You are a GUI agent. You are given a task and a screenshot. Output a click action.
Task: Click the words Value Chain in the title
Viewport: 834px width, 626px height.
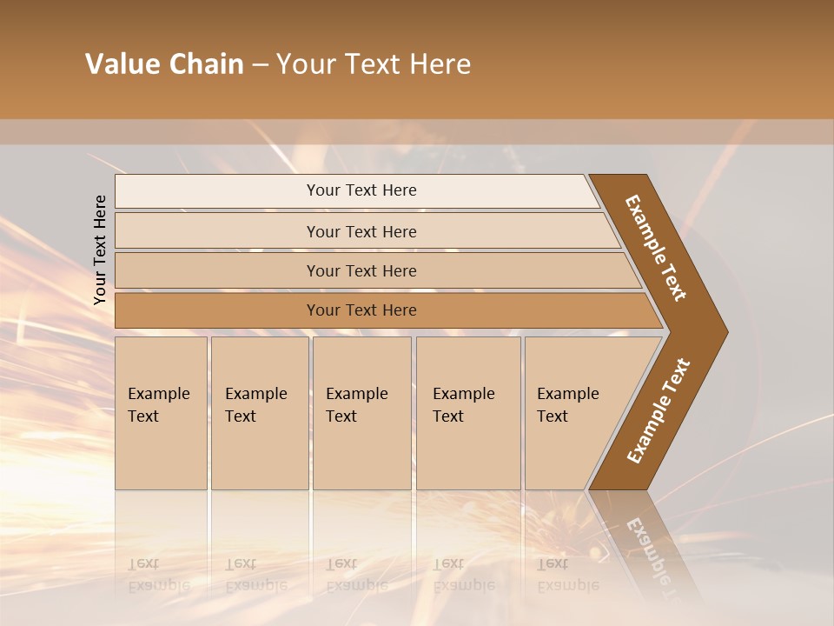164,64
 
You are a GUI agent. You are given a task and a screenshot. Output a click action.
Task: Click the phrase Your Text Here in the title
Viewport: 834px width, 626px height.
374,64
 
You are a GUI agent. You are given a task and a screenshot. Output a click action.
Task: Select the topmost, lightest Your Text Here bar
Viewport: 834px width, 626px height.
361,190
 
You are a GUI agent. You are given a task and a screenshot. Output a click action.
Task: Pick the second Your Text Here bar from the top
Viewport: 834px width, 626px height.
361,231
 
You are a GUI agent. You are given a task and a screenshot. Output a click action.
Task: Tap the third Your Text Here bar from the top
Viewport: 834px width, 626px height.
361,270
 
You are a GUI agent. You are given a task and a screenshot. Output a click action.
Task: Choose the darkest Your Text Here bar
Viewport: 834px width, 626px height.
361,310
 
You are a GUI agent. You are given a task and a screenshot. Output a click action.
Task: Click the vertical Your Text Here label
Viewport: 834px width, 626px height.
100,250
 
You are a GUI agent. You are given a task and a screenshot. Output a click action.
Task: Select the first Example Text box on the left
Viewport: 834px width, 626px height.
161,413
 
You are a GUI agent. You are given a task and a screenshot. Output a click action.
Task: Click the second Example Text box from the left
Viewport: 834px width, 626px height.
259,413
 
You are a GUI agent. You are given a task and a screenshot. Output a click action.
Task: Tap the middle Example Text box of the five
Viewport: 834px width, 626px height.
361,413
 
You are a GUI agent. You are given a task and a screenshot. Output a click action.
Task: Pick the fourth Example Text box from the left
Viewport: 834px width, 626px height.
467,413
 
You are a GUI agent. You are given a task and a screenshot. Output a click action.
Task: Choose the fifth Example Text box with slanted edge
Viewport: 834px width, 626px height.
573,413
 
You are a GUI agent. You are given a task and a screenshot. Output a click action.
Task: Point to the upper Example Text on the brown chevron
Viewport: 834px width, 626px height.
656,248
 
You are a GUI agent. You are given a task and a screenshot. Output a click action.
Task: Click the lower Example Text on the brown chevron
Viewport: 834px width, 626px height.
658,411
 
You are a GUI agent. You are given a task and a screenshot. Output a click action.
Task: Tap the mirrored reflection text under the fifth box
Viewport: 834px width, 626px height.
567,575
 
